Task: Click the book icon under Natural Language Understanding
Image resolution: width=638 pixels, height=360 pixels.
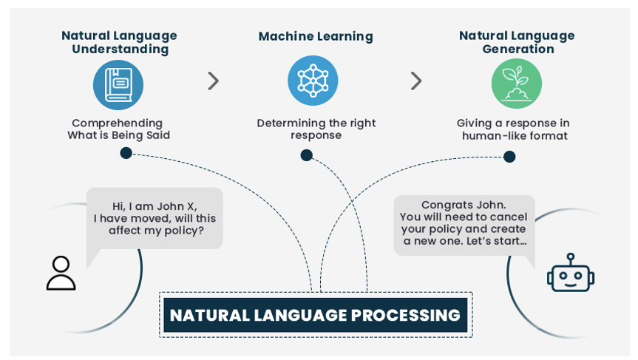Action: point(118,84)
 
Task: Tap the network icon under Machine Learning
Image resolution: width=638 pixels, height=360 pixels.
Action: point(313,81)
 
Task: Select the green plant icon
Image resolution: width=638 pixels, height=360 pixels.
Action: point(516,84)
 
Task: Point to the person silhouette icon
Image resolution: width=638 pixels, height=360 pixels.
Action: point(61,273)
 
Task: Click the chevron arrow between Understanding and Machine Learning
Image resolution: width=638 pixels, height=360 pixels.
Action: point(213,81)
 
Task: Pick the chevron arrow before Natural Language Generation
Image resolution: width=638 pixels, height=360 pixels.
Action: point(415,81)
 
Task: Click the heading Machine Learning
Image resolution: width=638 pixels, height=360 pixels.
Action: point(316,36)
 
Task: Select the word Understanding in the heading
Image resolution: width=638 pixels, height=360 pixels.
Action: point(121,50)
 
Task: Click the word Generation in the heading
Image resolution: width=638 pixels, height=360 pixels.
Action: point(518,50)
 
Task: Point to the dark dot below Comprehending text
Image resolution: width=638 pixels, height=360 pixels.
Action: point(126,153)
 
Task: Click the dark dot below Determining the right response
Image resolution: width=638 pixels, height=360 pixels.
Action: point(306,155)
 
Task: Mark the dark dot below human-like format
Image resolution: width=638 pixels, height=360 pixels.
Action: point(509,157)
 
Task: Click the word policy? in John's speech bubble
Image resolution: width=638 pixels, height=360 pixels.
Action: point(184,231)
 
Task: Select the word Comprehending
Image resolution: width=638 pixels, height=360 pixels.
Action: point(118,123)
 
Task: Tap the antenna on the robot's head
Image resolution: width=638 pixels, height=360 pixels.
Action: point(571,258)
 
